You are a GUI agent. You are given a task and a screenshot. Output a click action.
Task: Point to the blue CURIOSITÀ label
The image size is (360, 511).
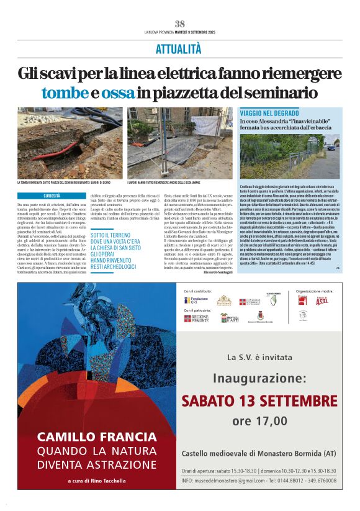coord(52,196)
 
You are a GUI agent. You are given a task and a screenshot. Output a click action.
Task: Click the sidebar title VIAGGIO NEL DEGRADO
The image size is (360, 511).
coord(269,113)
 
